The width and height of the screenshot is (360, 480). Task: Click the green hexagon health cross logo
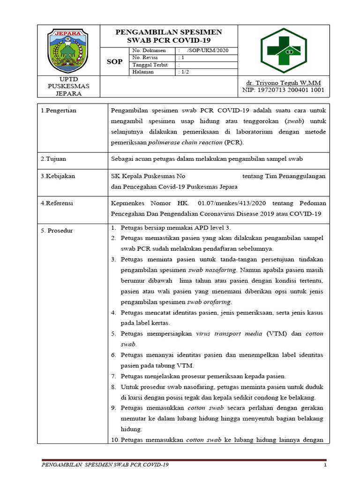tap(285, 50)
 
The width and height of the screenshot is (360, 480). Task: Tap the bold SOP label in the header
tap(115, 62)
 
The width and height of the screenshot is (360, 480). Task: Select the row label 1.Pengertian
tap(58, 111)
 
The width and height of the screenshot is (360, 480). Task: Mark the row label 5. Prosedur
tap(56, 231)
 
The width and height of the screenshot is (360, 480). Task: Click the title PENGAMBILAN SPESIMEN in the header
tap(169, 32)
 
